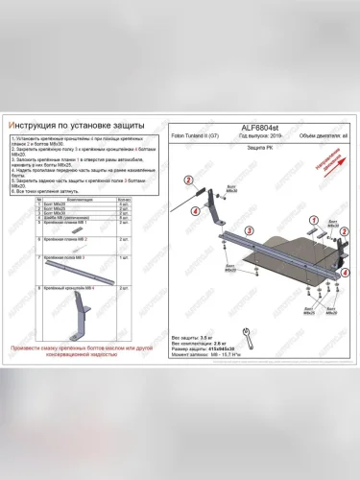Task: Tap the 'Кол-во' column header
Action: pyautogui.click(x=122, y=201)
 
